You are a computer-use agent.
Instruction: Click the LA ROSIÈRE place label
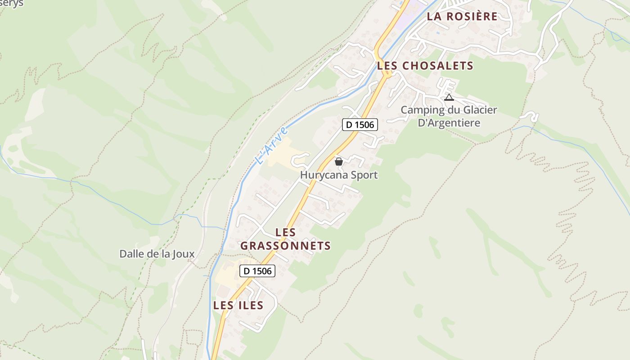click(x=462, y=17)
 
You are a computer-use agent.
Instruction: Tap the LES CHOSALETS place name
click(x=425, y=66)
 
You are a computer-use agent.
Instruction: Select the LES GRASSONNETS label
click(x=286, y=239)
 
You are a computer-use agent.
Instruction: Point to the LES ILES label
click(x=238, y=305)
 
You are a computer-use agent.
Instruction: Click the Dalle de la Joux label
click(x=157, y=254)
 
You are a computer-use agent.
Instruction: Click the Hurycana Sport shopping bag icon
click(x=339, y=161)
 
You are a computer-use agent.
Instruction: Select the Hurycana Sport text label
click(x=339, y=175)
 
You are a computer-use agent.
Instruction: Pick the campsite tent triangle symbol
click(x=449, y=97)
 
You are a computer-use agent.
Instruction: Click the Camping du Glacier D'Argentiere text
click(x=449, y=116)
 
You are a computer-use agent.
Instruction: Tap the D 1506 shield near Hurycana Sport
click(x=360, y=125)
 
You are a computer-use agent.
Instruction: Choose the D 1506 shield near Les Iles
click(x=257, y=270)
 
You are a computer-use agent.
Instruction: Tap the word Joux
click(x=184, y=254)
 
